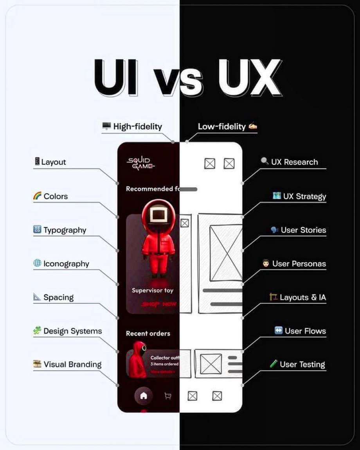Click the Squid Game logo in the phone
(x=140, y=163)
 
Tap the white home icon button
(x=144, y=396)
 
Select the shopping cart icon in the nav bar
(x=167, y=396)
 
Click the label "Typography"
(x=65, y=230)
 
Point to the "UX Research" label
(x=294, y=162)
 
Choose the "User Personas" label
(x=299, y=264)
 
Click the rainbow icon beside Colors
(x=37, y=196)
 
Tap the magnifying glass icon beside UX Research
(x=265, y=161)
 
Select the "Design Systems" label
(x=72, y=331)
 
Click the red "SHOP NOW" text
(x=158, y=304)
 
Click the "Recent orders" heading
(x=148, y=333)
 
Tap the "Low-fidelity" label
(x=221, y=126)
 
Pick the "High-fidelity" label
(x=137, y=126)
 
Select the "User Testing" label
(x=302, y=364)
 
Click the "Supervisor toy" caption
(x=152, y=290)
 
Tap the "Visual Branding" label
(x=72, y=364)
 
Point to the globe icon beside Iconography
(x=37, y=263)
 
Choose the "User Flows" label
(x=305, y=331)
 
